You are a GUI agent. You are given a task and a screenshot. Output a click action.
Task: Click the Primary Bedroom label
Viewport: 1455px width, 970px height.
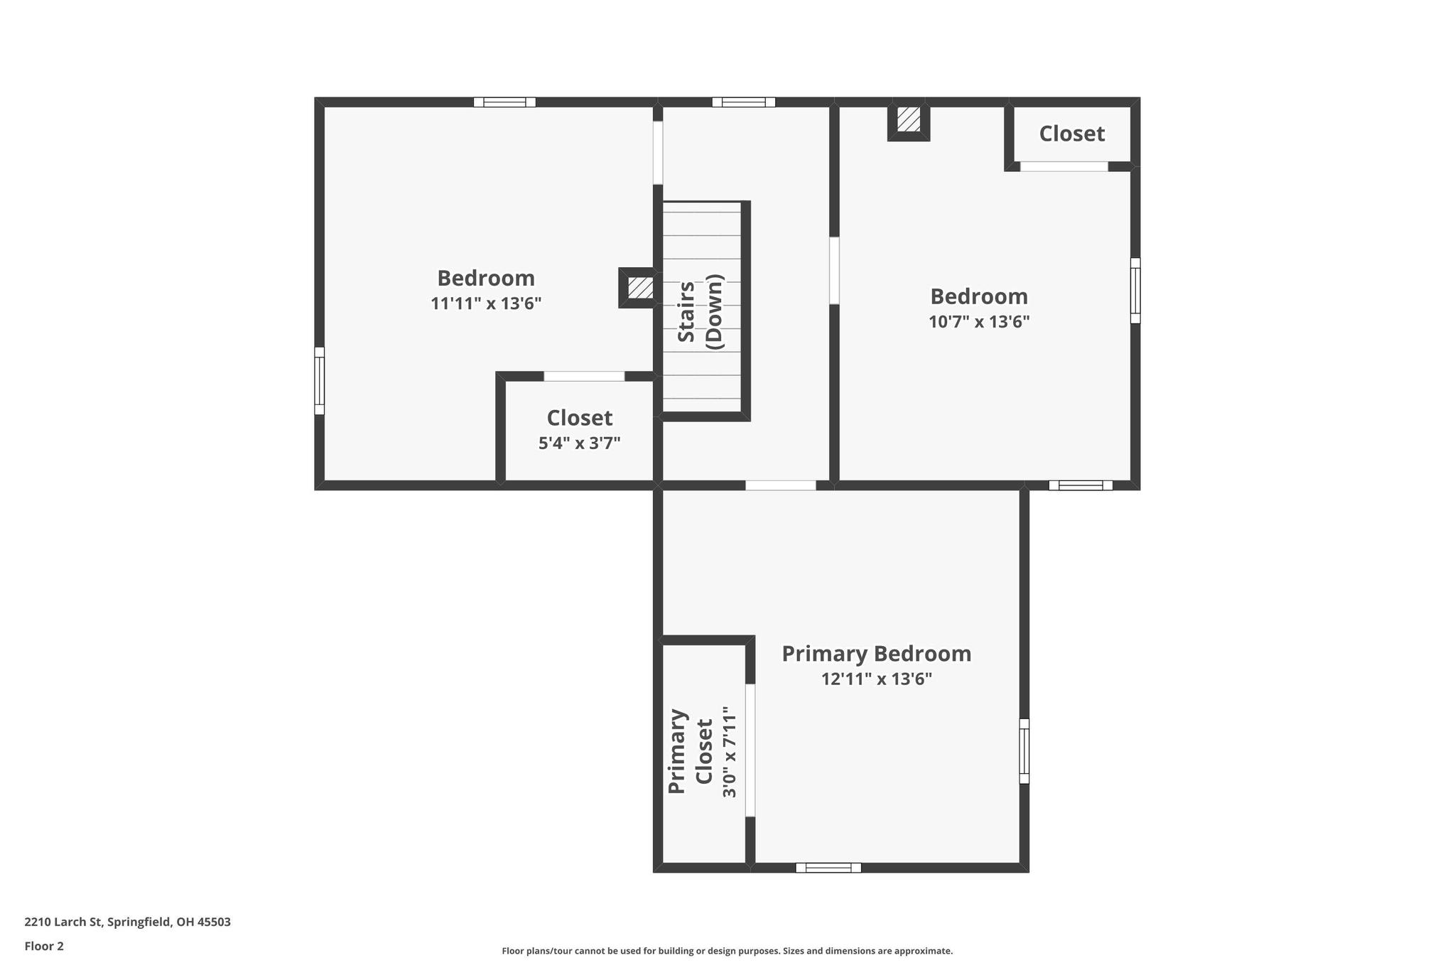[876, 654]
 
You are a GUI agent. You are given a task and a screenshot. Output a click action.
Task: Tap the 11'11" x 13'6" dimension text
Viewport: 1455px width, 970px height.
[486, 304]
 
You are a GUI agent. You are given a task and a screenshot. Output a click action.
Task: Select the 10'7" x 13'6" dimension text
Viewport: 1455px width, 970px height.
[979, 322]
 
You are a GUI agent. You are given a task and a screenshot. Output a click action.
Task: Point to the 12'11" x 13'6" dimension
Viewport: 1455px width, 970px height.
[876, 679]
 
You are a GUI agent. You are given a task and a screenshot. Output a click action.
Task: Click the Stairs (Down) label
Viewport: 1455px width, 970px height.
[701, 311]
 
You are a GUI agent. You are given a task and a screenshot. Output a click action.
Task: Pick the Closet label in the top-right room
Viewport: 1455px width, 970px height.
[1071, 134]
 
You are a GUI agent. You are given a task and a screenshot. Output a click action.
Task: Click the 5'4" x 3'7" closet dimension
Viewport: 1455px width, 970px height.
[579, 443]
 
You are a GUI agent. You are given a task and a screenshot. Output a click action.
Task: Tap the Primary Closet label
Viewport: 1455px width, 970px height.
[690, 751]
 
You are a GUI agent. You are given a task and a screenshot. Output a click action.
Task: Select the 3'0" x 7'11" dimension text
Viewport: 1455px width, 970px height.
[729, 751]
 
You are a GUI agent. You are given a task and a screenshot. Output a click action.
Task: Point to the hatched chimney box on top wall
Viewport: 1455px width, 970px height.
[908, 119]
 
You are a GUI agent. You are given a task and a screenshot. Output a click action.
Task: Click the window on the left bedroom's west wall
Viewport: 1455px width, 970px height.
[320, 381]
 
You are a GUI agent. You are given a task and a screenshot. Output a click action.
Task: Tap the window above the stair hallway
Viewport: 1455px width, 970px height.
[743, 102]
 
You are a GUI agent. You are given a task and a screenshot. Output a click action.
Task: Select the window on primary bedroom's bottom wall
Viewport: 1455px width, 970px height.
[828, 868]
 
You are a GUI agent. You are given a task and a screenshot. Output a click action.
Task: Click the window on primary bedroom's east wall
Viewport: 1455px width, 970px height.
[1024, 751]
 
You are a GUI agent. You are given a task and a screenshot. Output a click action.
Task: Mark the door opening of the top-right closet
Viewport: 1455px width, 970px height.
[1064, 167]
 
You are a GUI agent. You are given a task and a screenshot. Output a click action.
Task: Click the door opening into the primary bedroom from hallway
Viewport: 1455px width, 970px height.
[780, 485]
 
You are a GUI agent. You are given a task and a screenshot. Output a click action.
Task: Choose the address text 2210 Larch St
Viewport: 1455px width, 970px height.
[128, 922]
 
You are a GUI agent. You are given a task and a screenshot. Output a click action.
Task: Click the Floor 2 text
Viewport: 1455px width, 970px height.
[44, 946]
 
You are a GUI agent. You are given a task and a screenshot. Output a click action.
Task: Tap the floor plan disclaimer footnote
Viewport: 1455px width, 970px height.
[727, 951]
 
